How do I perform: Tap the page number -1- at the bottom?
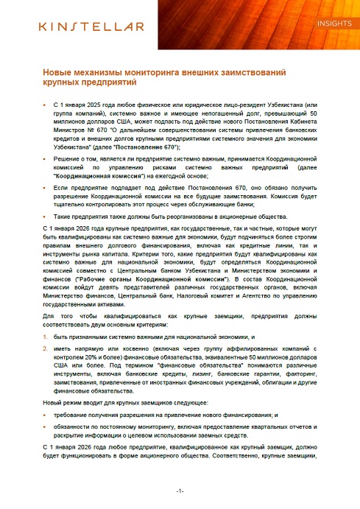180,490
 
